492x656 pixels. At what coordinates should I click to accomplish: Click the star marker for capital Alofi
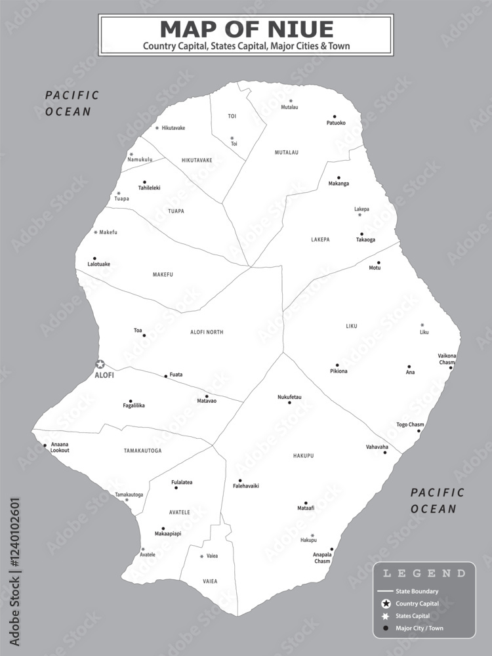coord(100,364)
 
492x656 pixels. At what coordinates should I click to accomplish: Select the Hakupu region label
coord(304,455)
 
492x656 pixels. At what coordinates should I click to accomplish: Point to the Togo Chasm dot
coord(420,431)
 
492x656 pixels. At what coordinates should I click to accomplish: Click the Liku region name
coord(352,326)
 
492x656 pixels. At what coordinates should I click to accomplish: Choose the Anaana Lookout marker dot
coord(45,445)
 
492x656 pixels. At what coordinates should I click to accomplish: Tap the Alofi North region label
coord(207,333)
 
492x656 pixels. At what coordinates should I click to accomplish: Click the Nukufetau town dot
coord(289,403)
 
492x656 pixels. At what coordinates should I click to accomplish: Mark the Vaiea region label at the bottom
coord(210,581)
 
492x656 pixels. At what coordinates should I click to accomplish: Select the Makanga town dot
coord(338,177)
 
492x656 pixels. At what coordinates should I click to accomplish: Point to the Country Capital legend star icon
coord(386,604)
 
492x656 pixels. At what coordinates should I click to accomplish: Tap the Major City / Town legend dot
coord(386,628)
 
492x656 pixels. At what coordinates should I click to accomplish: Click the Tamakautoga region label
coord(142,451)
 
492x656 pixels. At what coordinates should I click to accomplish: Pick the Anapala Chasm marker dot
coord(332,549)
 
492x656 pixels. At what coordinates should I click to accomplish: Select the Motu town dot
coord(379,262)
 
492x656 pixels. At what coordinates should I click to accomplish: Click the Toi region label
coord(232,116)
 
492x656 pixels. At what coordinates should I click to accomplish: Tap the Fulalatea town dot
coord(176,487)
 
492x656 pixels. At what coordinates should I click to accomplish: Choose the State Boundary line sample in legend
coord(386,591)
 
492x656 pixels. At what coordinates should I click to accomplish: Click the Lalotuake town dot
coord(94,258)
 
